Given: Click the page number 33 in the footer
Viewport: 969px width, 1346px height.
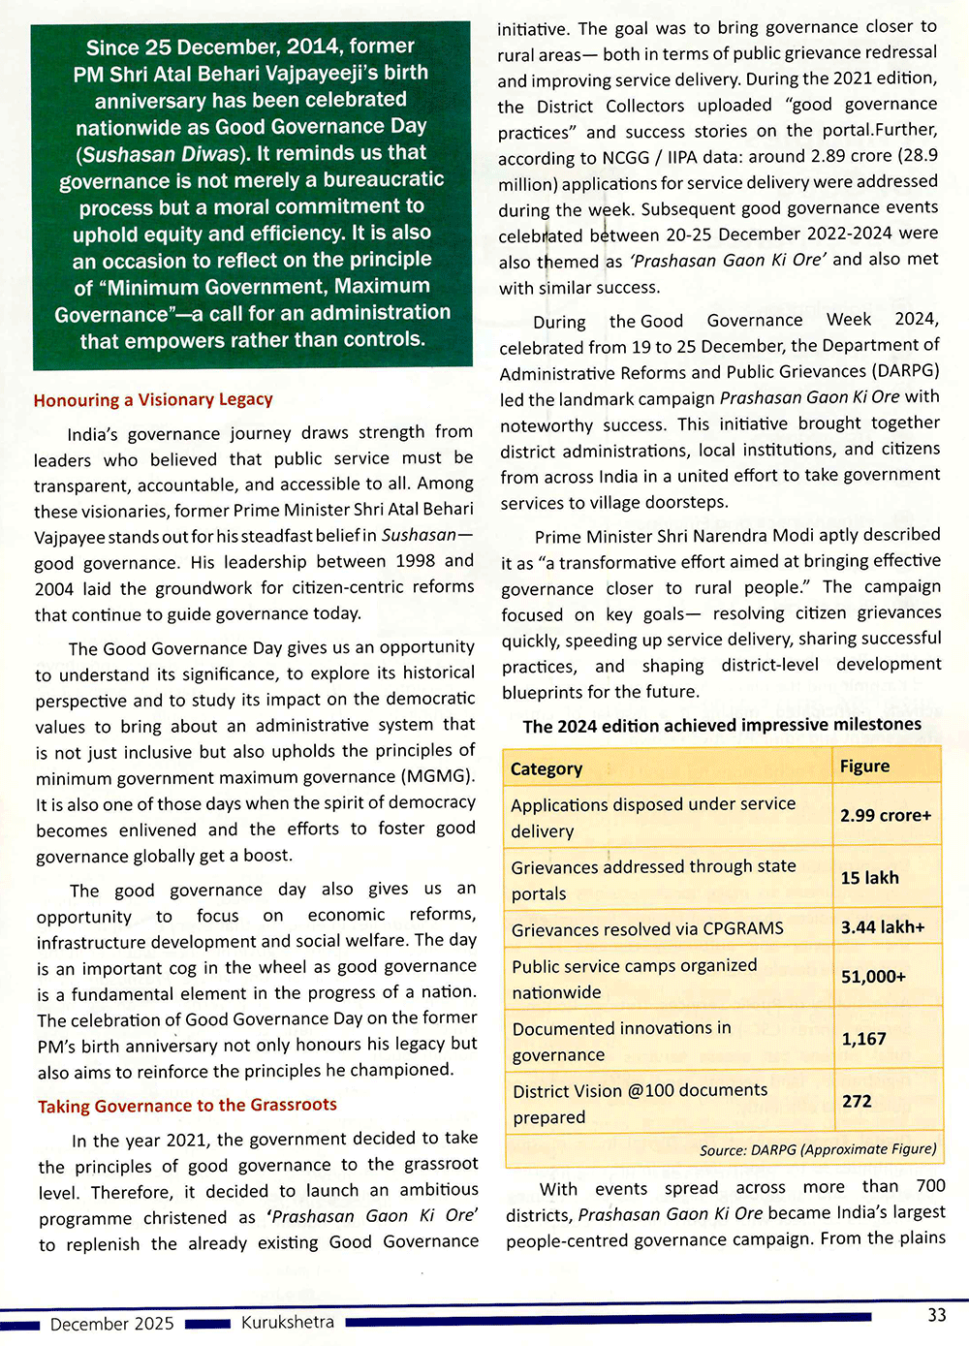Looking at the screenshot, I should point(936,1315).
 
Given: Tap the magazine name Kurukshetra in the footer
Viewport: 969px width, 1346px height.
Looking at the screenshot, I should point(288,1322).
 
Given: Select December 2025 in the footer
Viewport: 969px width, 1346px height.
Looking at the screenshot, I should point(112,1324).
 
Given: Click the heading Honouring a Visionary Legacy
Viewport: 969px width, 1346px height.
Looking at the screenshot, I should point(153,399).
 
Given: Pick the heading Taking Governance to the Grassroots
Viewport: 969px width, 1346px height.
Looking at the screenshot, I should point(187,1106).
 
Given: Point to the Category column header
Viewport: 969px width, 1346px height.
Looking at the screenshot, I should point(547,768).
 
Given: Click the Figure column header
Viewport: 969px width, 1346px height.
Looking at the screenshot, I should point(864,767).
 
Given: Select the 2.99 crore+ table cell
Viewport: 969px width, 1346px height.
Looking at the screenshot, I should point(885,816).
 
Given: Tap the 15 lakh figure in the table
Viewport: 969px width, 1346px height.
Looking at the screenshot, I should point(869,878).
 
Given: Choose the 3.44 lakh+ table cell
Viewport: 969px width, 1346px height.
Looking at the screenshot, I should point(882,927).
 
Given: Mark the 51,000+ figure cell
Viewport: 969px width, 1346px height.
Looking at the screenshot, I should point(873,977).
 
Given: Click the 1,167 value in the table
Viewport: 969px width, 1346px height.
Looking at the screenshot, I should point(863,1039).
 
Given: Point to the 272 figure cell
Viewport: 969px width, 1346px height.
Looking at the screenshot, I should point(857,1102).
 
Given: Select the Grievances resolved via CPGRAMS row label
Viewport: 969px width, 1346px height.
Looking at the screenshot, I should point(647,928).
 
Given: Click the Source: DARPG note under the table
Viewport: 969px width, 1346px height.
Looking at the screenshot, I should point(817,1149).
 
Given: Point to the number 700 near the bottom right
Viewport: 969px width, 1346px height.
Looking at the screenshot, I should point(930,1186).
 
